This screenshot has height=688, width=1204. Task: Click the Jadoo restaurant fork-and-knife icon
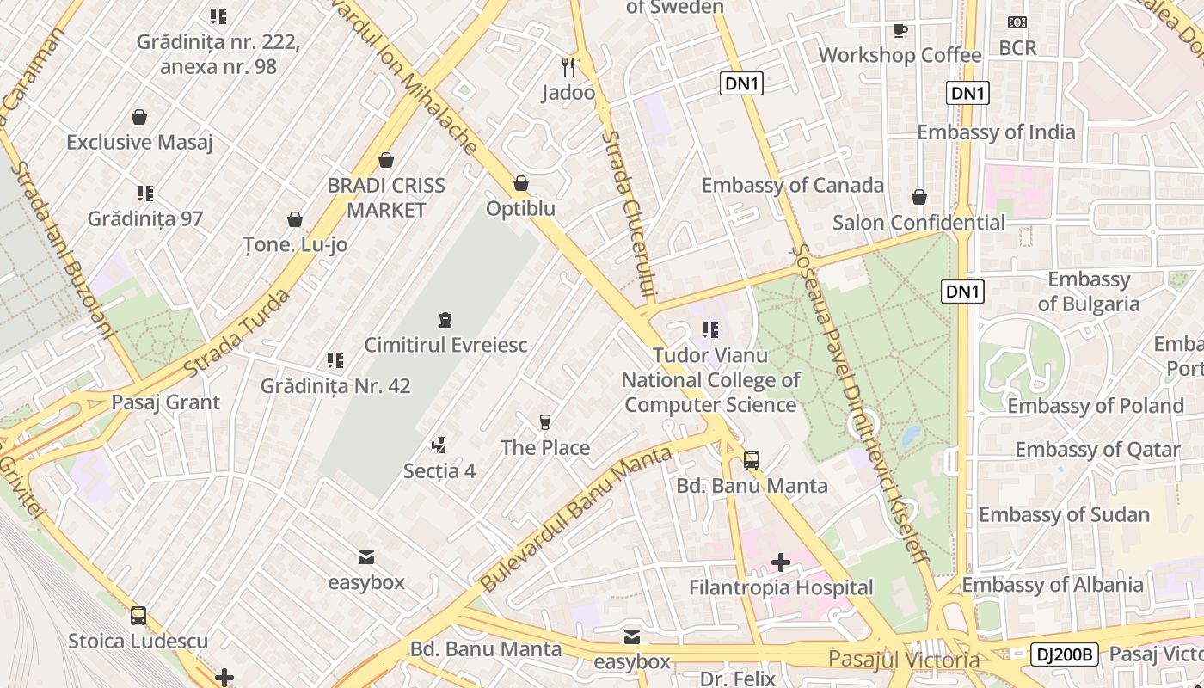(568, 66)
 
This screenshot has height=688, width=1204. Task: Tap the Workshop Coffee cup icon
(900, 30)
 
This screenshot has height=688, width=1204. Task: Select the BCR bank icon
(1017, 22)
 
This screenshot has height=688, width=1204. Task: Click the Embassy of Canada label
(792, 185)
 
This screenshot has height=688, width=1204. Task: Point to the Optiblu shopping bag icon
(520, 183)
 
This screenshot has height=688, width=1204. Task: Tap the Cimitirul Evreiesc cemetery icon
(445, 320)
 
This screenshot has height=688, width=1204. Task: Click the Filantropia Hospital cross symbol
(781, 562)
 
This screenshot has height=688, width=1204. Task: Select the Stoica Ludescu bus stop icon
(138, 616)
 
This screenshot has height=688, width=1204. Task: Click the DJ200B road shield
(1064, 654)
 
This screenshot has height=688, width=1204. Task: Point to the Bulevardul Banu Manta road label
(575, 519)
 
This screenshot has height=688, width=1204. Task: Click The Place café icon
(544, 422)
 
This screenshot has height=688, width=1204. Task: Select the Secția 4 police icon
(439, 445)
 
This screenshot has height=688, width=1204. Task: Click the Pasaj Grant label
(166, 402)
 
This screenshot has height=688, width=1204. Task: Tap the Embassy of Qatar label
(1097, 449)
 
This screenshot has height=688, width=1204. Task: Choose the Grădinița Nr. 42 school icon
(335, 360)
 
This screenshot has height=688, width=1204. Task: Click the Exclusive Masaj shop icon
(139, 117)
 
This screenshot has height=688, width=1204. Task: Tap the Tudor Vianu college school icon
(709, 330)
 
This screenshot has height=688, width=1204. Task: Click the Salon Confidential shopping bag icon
(919, 197)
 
